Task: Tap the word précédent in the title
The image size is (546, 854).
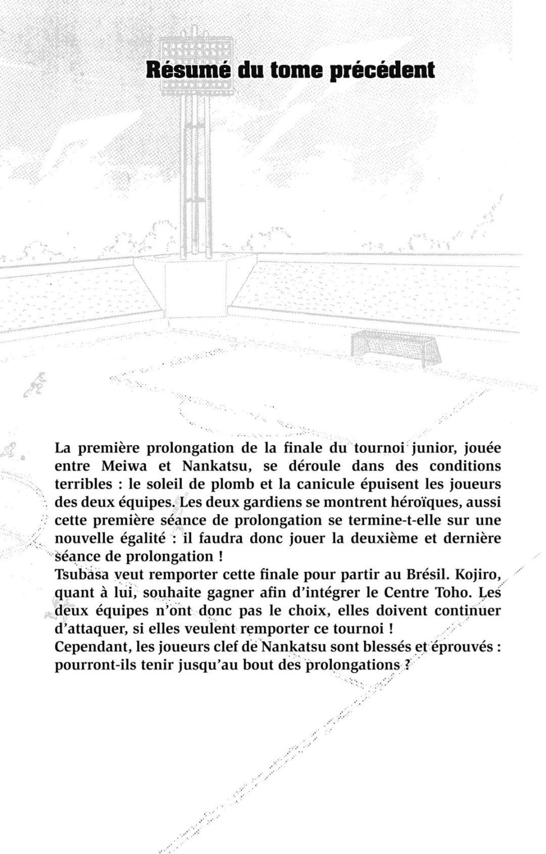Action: (x=382, y=70)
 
